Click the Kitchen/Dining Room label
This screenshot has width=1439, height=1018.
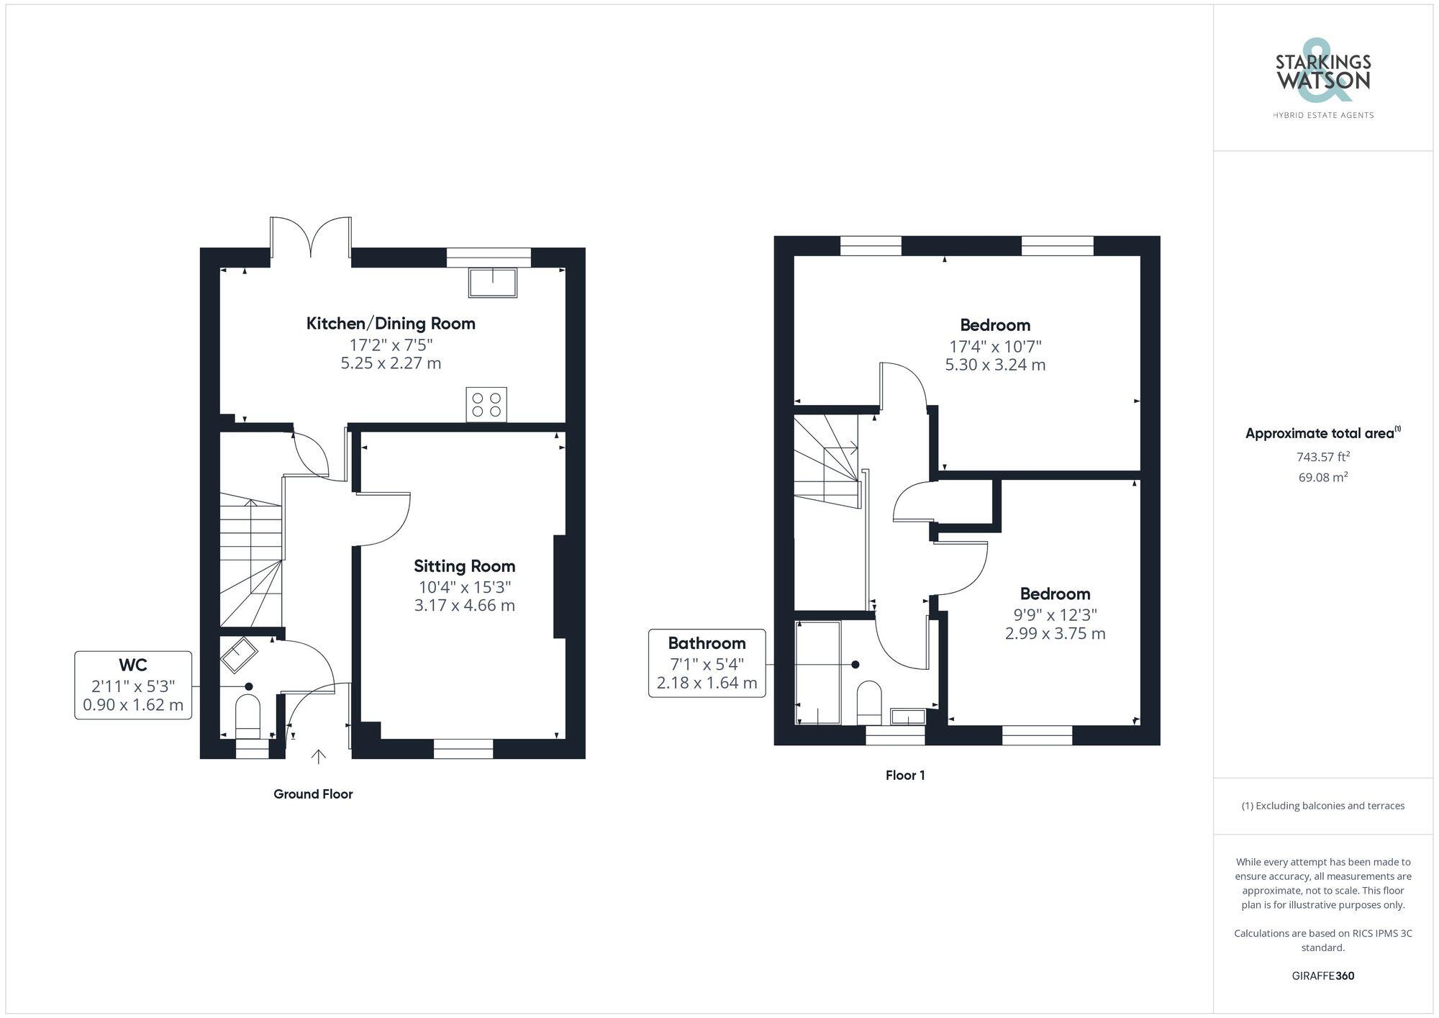[x=391, y=324]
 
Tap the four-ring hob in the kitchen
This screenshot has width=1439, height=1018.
[x=486, y=404]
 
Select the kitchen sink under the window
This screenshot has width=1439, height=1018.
[x=493, y=283]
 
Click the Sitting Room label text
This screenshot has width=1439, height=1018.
[x=464, y=566]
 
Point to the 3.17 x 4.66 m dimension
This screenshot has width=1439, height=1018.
[x=464, y=606]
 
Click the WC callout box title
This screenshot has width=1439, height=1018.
[x=132, y=664]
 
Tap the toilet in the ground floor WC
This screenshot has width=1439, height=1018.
[x=248, y=716]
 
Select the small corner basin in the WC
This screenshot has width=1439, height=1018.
[x=238, y=654]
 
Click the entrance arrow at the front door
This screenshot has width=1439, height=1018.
[x=318, y=756]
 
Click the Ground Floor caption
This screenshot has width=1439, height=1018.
[x=313, y=794]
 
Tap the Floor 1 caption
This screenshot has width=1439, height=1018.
[x=905, y=776]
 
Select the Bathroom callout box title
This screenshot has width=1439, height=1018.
[x=707, y=643]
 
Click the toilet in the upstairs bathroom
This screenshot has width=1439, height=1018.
[x=869, y=702]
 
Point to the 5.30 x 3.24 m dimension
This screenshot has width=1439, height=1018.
[x=995, y=365]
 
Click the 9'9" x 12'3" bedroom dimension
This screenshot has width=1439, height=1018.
[x=1055, y=614]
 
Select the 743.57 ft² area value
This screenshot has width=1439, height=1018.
[x=1322, y=457]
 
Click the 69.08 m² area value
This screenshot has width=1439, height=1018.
[x=1322, y=477]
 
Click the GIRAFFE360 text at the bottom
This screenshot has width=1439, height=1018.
[x=1322, y=976]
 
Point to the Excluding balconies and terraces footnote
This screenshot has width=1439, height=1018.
[x=1322, y=806]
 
